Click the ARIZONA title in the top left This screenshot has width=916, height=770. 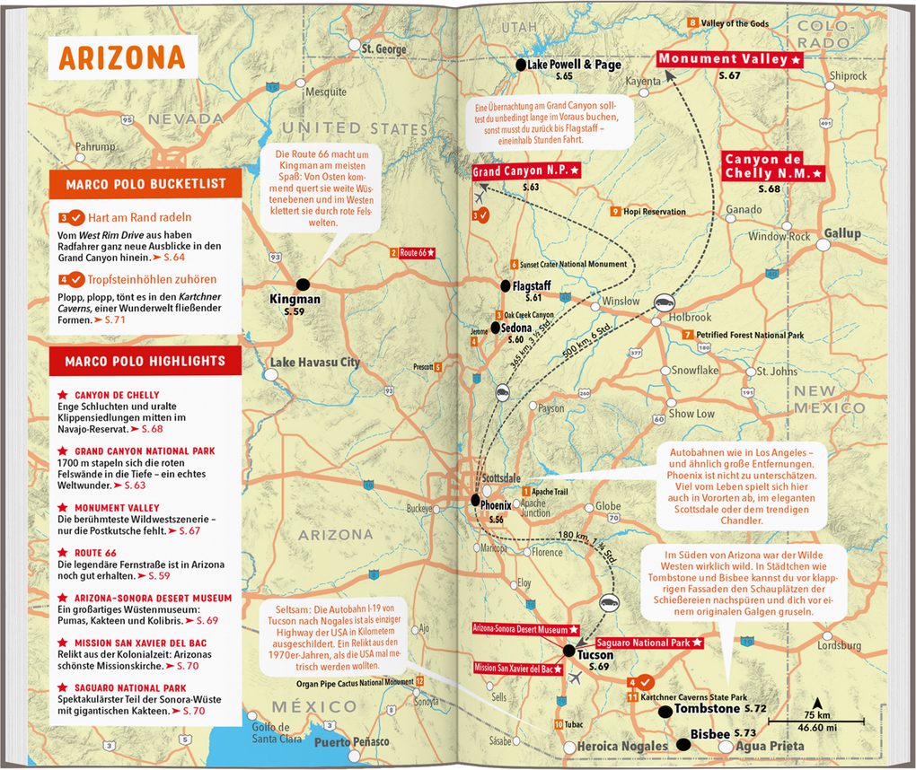point(121,57)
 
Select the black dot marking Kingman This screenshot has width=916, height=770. point(302,283)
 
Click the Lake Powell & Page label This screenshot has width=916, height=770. point(574,66)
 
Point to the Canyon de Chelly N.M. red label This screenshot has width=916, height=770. point(773,166)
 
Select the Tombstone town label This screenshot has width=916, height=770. point(708,709)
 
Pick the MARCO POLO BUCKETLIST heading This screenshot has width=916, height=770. point(145,186)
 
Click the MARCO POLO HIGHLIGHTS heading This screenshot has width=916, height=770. point(145,361)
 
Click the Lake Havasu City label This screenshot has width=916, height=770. point(314,363)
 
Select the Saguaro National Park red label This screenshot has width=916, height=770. point(647,643)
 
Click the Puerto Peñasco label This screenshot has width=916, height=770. point(351,742)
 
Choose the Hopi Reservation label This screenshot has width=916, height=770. point(653,212)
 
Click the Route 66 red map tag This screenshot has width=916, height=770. point(418,253)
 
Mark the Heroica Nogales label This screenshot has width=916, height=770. point(622,747)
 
